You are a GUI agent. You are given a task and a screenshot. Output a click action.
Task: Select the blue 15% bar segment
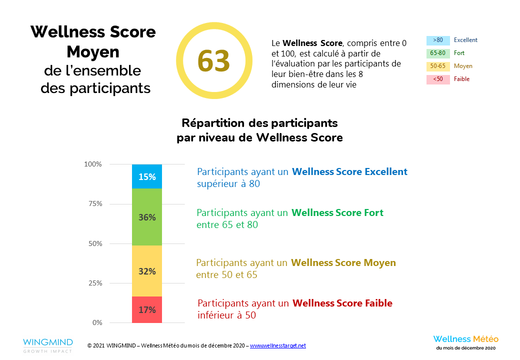pyautogui.click(x=147, y=176)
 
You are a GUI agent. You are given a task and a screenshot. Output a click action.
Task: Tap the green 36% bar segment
pyautogui.click(x=147, y=217)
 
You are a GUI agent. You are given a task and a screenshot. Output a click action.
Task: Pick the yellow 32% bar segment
pyautogui.click(x=147, y=271)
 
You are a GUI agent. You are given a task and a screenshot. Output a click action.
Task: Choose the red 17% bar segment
pyautogui.click(x=147, y=309)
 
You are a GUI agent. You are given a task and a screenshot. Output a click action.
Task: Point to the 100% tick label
pyautogui.click(x=93, y=164)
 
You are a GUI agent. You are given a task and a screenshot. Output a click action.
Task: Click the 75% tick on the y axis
pyautogui.click(x=94, y=203)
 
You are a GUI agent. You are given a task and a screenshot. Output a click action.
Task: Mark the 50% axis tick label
pyautogui.click(x=94, y=243)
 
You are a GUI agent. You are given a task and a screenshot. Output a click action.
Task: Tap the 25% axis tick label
pyautogui.click(x=94, y=283)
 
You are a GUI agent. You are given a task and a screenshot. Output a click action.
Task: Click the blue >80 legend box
pyautogui.click(x=438, y=40)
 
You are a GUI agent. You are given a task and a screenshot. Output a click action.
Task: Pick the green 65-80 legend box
pyautogui.click(x=438, y=53)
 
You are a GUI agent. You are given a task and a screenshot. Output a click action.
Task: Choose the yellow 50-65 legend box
pyautogui.click(x=438, y=66)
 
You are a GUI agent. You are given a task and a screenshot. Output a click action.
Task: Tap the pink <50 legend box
pyautogui.click(x=438, y=79)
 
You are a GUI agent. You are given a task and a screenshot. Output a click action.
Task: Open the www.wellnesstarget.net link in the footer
pyautogui.click(x=277, y=345)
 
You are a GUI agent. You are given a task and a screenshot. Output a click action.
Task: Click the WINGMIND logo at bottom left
pyautogui.click(x=47, y=345)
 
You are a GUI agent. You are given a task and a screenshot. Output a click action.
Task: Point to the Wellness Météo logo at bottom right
pyautogui.click(x=465, y=342)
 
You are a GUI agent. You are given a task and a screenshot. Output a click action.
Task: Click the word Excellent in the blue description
pyautogui.click(x=385, y=171)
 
